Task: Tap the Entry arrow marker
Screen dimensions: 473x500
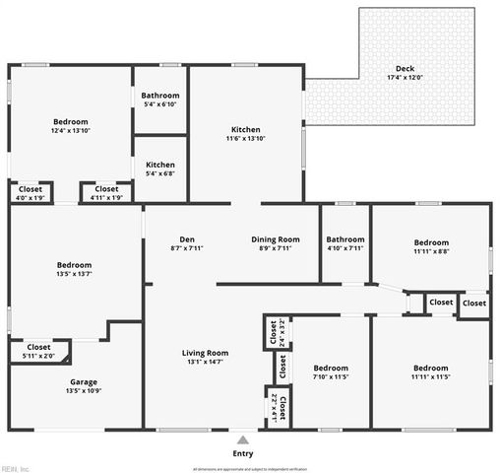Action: pos(242,439)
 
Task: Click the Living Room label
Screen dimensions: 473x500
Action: pos(205,353)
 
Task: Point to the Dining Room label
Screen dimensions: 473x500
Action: pos(276,239)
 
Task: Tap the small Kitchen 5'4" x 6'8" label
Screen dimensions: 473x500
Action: pos(160,166)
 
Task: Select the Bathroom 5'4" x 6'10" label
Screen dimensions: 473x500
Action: pos(160,96)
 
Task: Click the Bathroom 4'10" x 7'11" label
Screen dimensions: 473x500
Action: pos(345,239)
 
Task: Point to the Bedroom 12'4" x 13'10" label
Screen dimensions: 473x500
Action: pos(71,121)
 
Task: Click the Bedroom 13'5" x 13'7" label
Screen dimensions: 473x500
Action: pos(74,265)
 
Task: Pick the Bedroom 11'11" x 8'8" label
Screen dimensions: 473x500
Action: pos(431,242)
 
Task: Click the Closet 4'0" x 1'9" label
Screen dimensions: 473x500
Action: pos(31,188)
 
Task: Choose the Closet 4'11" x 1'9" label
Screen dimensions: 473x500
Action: pos(106,188)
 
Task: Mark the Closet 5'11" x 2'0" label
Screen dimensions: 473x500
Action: pos(38,347)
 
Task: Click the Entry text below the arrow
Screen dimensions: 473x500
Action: pos(242,453)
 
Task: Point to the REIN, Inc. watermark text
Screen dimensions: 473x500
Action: pos(16,468)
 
